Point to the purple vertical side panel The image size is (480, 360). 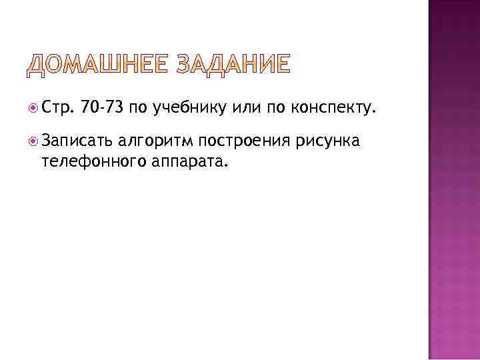click(453, 180)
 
